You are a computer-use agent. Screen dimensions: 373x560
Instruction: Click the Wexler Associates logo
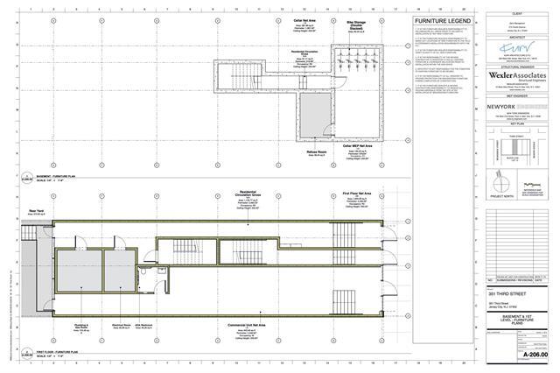pos(517,76)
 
